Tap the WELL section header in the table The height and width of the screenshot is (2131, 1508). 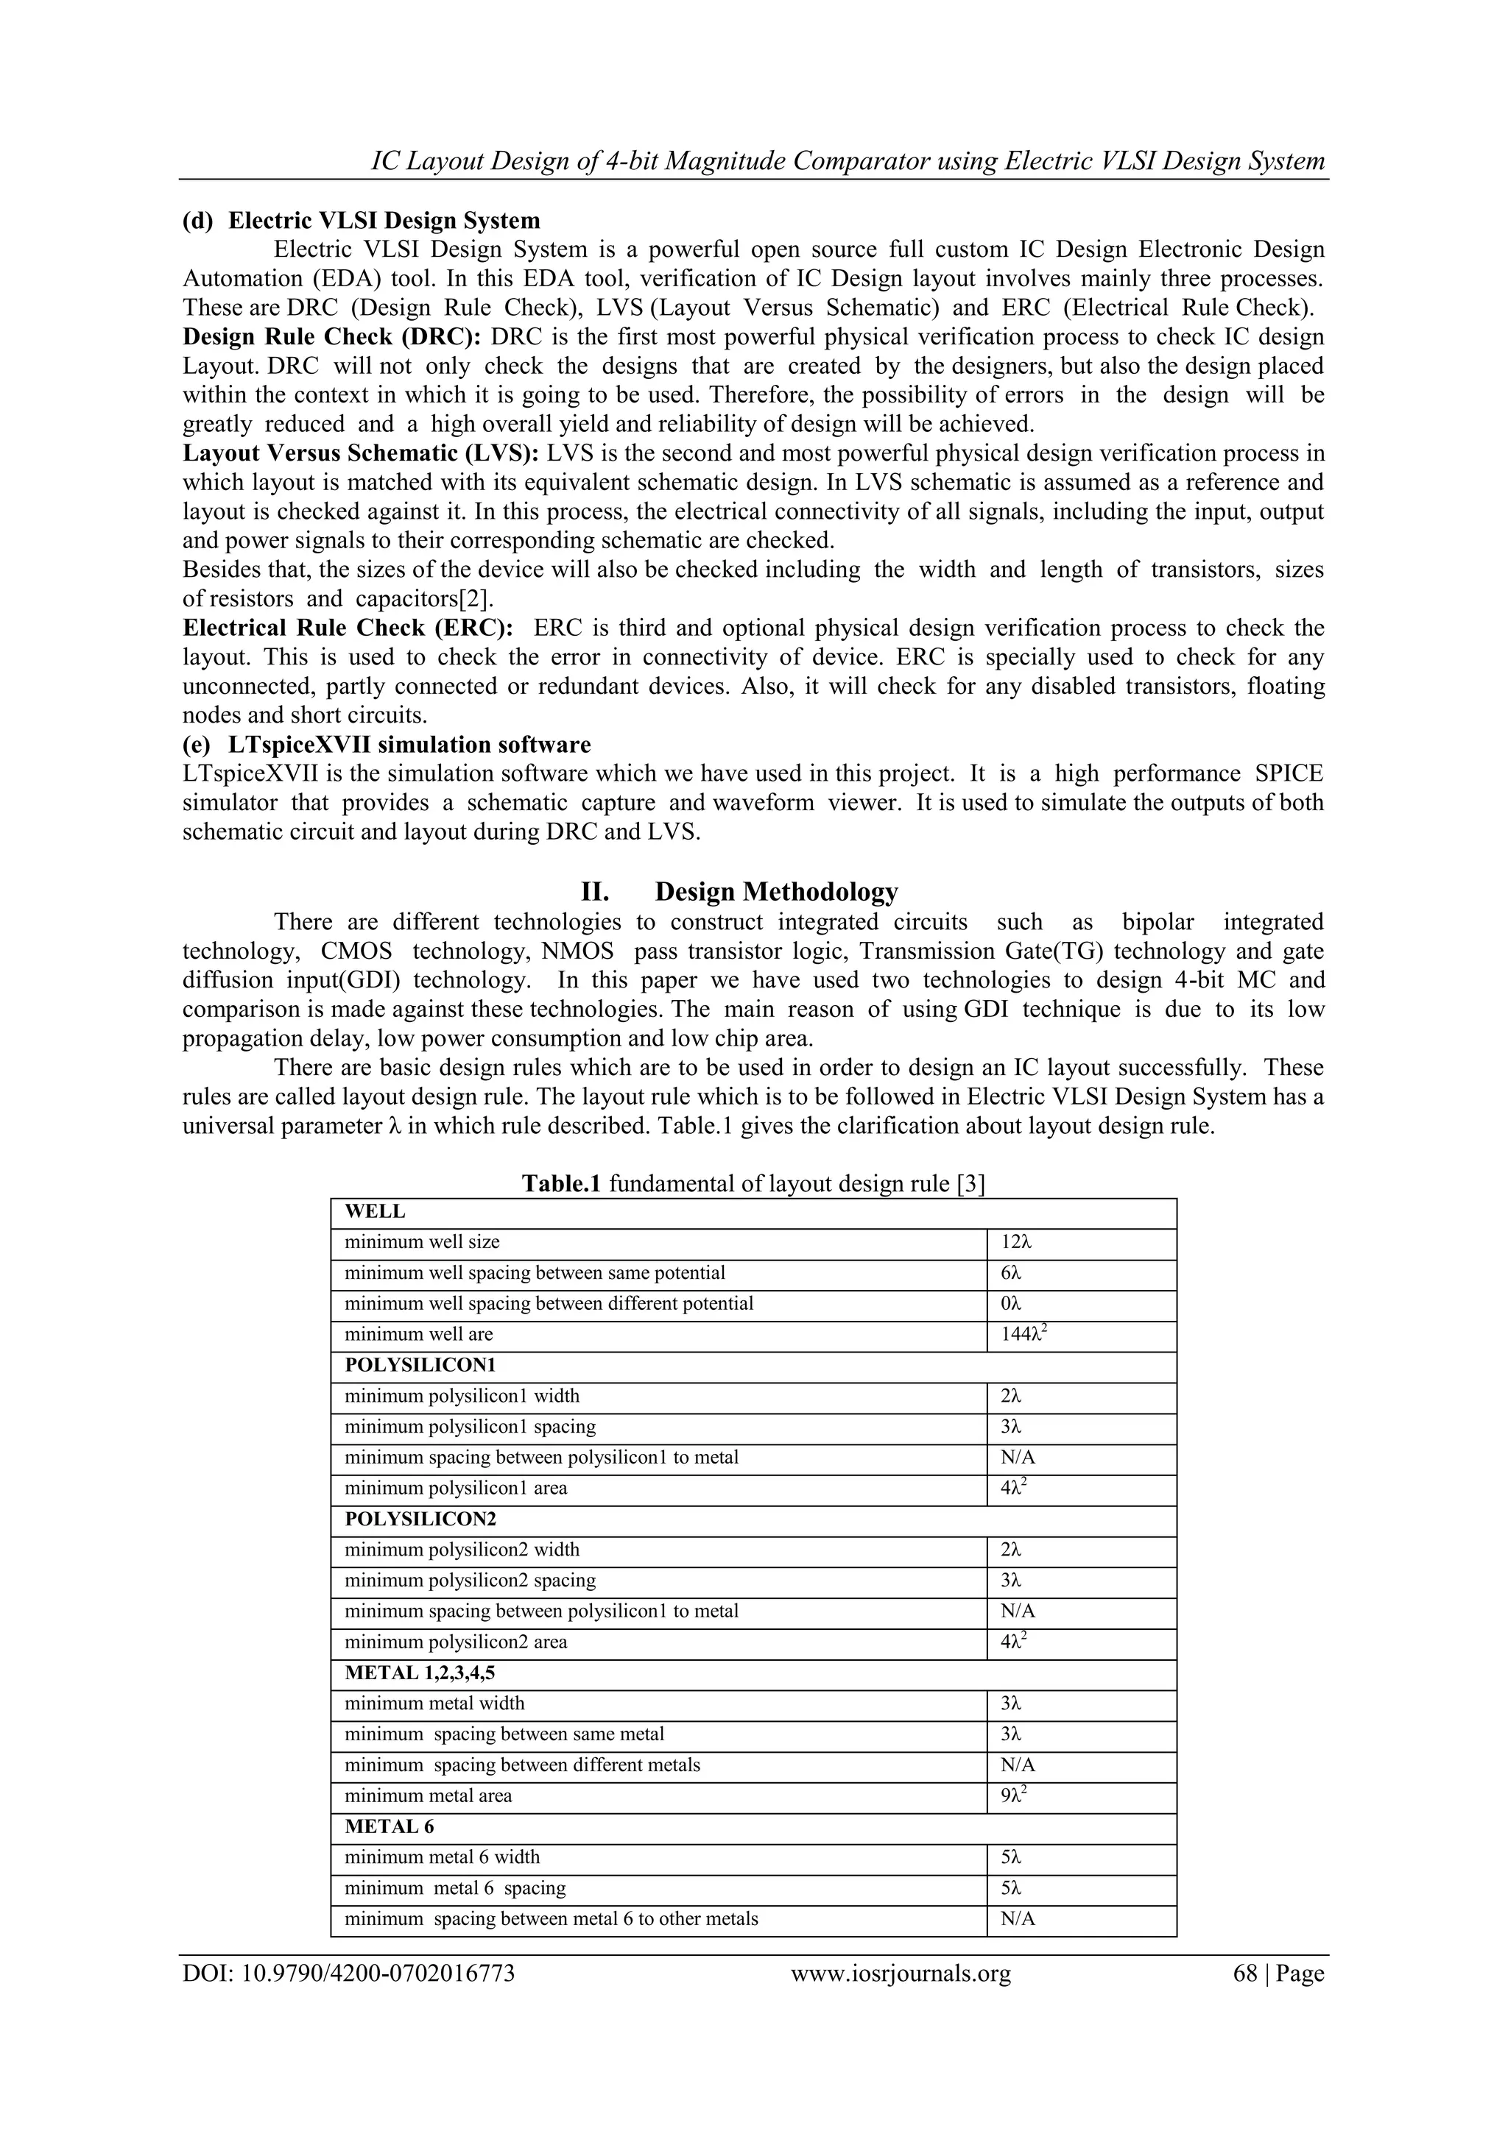click(x=375, y=1211)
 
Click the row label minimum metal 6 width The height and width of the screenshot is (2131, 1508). click(x=442, y=1857)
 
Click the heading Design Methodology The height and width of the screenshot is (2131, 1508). click(x=776, y=892)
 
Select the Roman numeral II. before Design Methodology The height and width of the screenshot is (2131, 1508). click(x=594, y=892)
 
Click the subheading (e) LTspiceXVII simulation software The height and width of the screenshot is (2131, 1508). click(x=387, y=745)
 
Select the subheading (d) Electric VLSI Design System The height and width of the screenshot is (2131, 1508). click(x=362, y=220)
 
